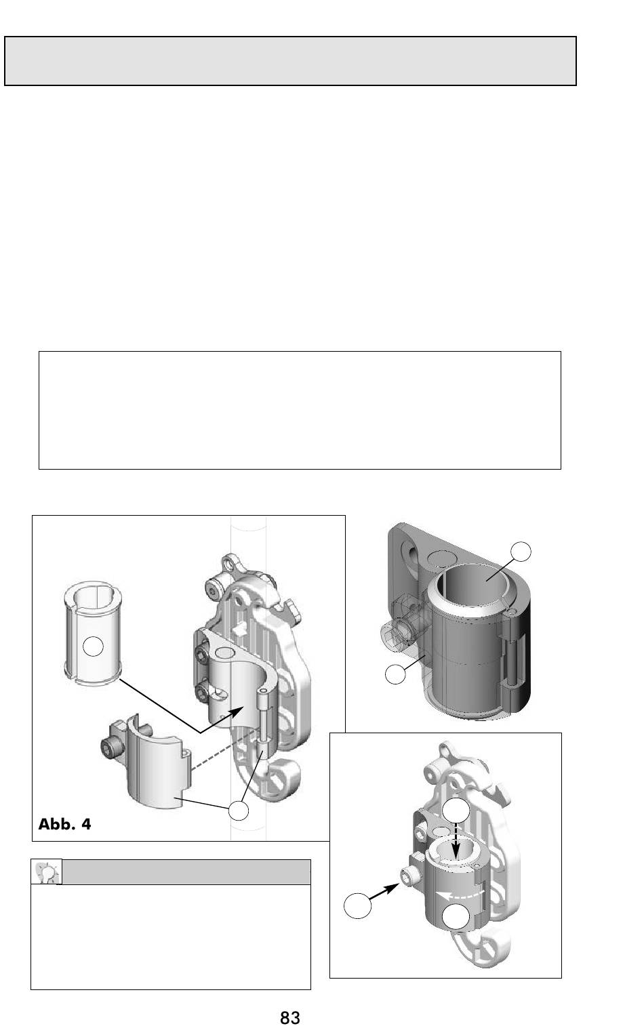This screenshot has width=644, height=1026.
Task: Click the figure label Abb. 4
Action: [x=64, y=825]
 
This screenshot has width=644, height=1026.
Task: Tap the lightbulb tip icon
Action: [x=47, y=872]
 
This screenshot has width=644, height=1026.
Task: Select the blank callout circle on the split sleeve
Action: [x=93, y=647]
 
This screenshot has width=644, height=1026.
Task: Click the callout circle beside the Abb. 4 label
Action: [x=239, y=810]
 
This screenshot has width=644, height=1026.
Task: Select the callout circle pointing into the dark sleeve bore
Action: [x=521, y=552]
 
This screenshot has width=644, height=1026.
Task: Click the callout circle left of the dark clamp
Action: [x=395, y=674]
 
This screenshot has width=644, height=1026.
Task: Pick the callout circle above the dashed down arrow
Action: [x=456, y=810]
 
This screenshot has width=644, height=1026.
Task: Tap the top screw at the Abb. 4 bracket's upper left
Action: [x=215, y=592]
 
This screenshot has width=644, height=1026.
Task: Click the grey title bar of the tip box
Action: [x=186, y=872]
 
